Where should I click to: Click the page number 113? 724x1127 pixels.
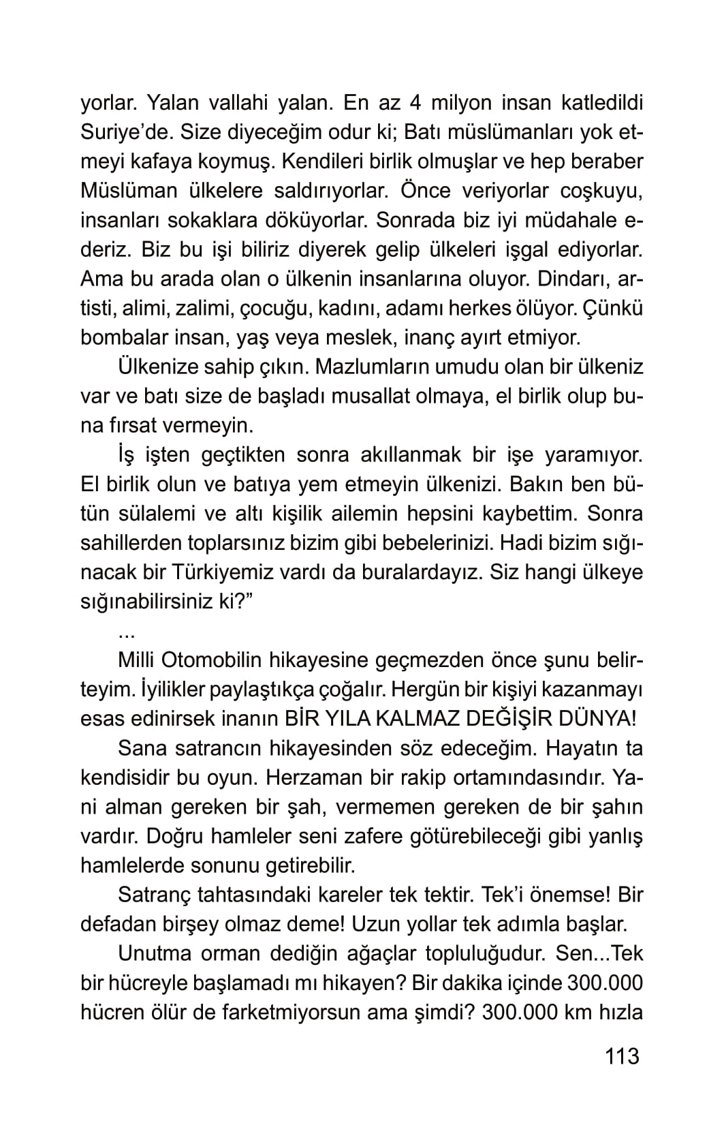pyautogui.click(x=621, y=1057)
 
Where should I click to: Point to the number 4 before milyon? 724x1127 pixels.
pyautogui.click(x=415, y=104)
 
